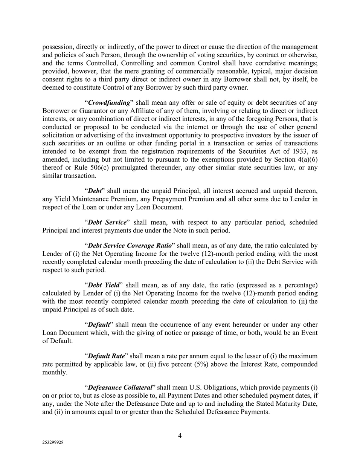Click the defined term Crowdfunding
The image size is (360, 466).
click(x=109, y=103)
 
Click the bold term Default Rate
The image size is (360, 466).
click(x=106, y=356)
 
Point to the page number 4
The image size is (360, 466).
click(x=180, y=436)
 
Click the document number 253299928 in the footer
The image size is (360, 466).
click(x=53, y=443)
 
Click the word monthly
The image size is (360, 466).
click(x=54, y=373)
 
